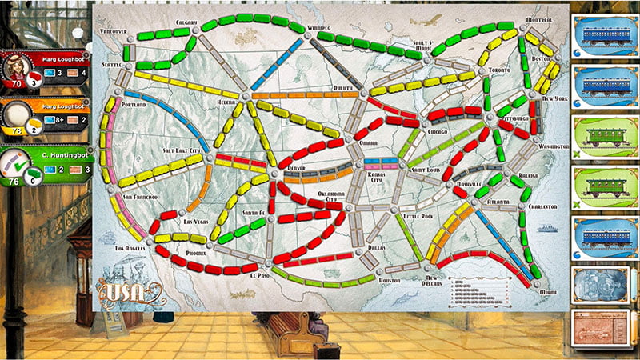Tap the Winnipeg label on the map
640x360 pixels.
point(319,28)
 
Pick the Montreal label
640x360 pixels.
point(541,19)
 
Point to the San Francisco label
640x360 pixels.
point(139,197)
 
